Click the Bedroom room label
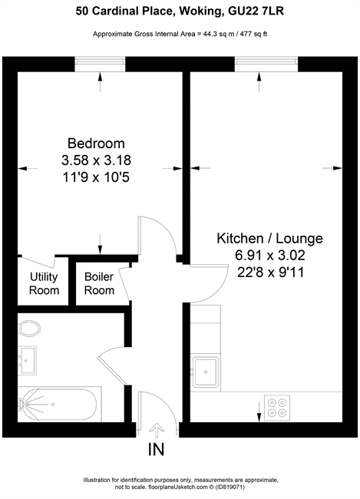pyautogui.click(x=96, y=144)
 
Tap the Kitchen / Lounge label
pyautogui.click(x=270, y=238)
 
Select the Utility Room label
pyautogui.click(x=44, y=283)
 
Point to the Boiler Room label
pyautogui.click(x=99, y=283)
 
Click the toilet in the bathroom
pyautogui.click(x=30, y=328)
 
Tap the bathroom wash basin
pyautogui.click(x=27, y=361)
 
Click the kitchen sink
pyautogui.click(x=206, y=372)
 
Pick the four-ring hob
pyautogui.click(x=277, y=408)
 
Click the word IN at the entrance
pyautogui.click(x=157, y=449)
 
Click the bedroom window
pyautogui.click(x=100, y=64)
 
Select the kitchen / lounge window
pyautogui.click(x=266, y=64)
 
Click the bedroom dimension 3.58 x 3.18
pyautogui.click(x=96, y=160)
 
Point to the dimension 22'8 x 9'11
pyautogui.click(x=270, y=272)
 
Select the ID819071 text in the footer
pyautogui.click(x=230, y=487)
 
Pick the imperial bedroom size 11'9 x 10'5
pyautogui.click(x=96, y=177)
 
